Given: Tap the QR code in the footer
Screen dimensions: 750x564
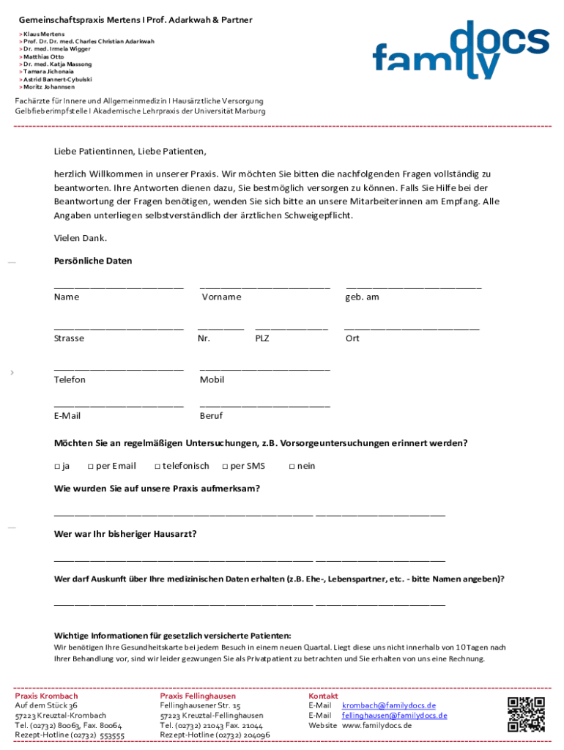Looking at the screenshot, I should pyautogui.click(x=526, y=714).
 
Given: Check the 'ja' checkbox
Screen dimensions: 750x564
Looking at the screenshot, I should pyautogui.click(x=56, y=467).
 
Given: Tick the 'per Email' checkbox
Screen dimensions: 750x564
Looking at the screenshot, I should pyautogui.click(x=90, y=467).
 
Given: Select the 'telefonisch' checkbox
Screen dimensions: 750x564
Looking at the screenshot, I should pyautogui.click(x=157, y=467).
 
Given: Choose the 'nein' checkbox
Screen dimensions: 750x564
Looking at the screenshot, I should pyautogui.click(x=292, y=467).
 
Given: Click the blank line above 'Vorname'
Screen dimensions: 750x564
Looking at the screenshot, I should pyautogui.click(x=264, y=287).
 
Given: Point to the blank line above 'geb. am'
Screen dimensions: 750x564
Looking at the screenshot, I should pyautogui.click(x=413, y=287).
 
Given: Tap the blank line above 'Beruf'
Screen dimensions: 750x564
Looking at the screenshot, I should pyautogui.click(x=264, y=406).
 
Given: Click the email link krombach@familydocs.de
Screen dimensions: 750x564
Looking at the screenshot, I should pyautogui.click(x=388, y=705).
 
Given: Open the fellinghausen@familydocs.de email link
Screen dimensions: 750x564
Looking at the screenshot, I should pyautogui.click(x=394, y=715).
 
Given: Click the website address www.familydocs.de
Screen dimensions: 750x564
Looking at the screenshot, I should pyautogui.click(x=376, y=725).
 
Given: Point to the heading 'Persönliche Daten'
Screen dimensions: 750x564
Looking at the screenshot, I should pyautogui.click(x=93, y=261).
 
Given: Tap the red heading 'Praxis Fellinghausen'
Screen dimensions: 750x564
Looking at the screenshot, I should pyautogui.click(x=198, y=696).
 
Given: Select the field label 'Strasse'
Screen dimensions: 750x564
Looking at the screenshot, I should pyautogui.click(x=69, y=338).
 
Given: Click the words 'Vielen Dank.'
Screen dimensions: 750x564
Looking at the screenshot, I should pyautogui.click(x=81, y=238).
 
